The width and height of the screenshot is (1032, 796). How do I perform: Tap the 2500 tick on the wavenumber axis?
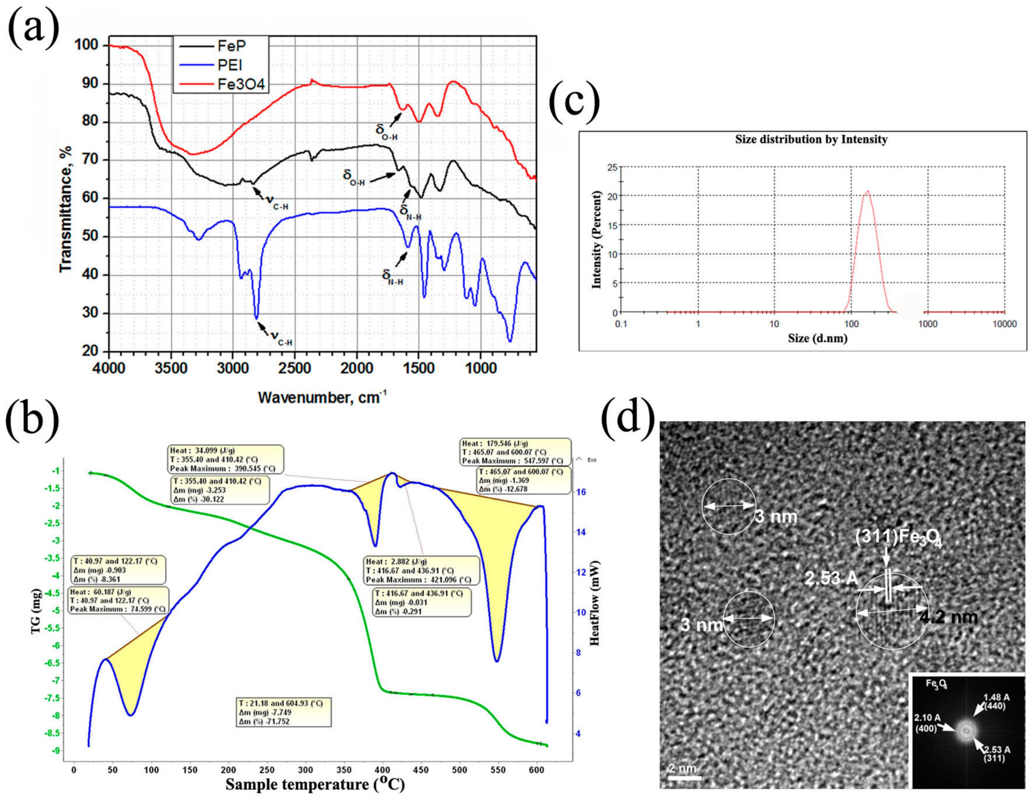pyautogui.click(x=294, y=369)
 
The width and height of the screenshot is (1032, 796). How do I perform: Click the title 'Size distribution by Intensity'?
pyautogui.click(x=811, y=140)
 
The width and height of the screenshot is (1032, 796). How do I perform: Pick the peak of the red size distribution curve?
pyautogui.click(x=867, y=191)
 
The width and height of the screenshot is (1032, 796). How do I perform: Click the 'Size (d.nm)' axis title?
pyautogui.click(x=817, y=339)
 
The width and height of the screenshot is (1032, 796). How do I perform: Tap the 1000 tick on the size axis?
pyautogui.click(x=928, y=324)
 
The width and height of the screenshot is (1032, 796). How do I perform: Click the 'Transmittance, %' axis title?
pyautogui.click(x=66, y=208)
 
